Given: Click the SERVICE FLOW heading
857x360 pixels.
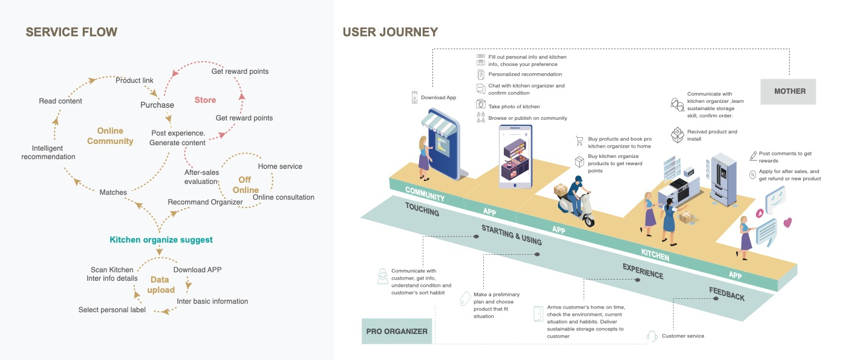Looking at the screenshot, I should (x=71, y=32).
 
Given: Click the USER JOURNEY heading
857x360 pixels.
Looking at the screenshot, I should (x=390, y=32).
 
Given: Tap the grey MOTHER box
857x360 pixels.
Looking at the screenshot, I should (x=790, y=91).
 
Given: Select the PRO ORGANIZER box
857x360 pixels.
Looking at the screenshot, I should (x=397, y=331).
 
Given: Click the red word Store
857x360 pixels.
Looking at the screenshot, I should (x=205, y=100).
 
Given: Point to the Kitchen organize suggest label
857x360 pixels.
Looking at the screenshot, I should (x=161, y=240).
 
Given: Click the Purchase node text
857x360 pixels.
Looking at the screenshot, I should (x=157, y=105).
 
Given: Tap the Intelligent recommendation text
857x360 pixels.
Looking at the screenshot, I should (x=48, y=152).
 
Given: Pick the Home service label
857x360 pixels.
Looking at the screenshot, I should (x=280, y=166).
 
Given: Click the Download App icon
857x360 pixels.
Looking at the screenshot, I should (x=414, y=97).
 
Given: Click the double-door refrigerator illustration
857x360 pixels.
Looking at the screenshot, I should (x=722, y=177).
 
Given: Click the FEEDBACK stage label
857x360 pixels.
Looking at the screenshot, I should (x=727, y=294).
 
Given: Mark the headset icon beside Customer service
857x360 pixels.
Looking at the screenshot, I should (x=652, y=336).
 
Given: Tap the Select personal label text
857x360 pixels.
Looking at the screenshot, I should (x=112, y=310).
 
